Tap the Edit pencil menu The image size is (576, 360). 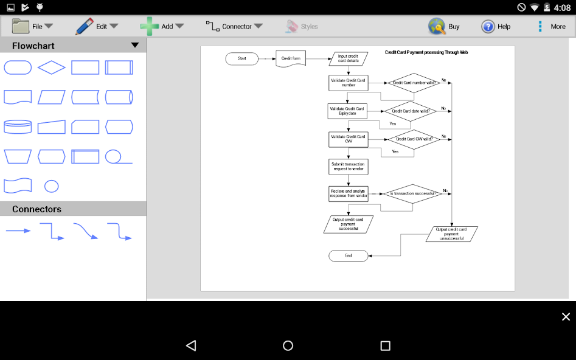(96, 26)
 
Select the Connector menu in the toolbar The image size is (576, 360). (234, 26)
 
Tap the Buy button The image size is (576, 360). (444, 26)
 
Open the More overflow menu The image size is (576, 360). (550, 26)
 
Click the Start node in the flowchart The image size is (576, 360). (242, 59)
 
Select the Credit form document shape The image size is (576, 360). (290, 59)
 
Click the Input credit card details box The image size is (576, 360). (348, 59)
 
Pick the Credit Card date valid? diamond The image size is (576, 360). (411, 111)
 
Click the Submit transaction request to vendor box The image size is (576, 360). (348, 166)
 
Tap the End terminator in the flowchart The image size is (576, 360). (349, 255)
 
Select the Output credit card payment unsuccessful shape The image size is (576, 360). (451, 234)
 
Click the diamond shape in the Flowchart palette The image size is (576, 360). (52, 67)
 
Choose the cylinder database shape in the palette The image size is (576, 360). (18, 126)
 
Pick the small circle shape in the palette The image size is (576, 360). (52, 186)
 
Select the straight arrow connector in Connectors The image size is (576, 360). (18, 231)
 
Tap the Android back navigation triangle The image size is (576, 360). (191, 345)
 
